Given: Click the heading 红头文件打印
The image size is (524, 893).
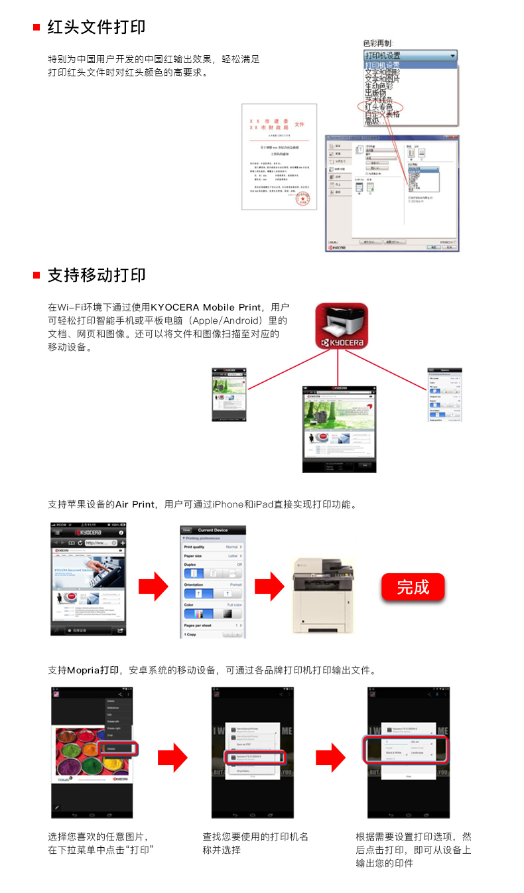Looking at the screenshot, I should click(x=96, y=27).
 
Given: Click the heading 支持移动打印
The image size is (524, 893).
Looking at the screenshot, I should click(x=96, y=275).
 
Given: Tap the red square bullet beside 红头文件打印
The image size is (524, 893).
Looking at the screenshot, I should click(x=37, y=28).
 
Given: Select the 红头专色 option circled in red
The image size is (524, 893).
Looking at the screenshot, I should click(x=379, y=107).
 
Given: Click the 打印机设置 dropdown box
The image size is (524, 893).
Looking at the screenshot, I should click(x=410, y=56).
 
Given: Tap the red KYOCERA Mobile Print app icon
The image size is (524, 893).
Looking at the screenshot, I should click(x=342, y=325).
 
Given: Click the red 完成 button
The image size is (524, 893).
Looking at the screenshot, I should click(x=413, y=587).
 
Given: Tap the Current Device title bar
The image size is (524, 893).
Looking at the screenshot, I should click(x=212, y=529).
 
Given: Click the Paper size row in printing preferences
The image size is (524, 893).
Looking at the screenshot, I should click(x=212, y=556).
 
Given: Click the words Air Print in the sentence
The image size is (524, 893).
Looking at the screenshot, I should click(x=135, y=504).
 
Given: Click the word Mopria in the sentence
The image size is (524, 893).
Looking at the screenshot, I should click(x=84, y=670).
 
